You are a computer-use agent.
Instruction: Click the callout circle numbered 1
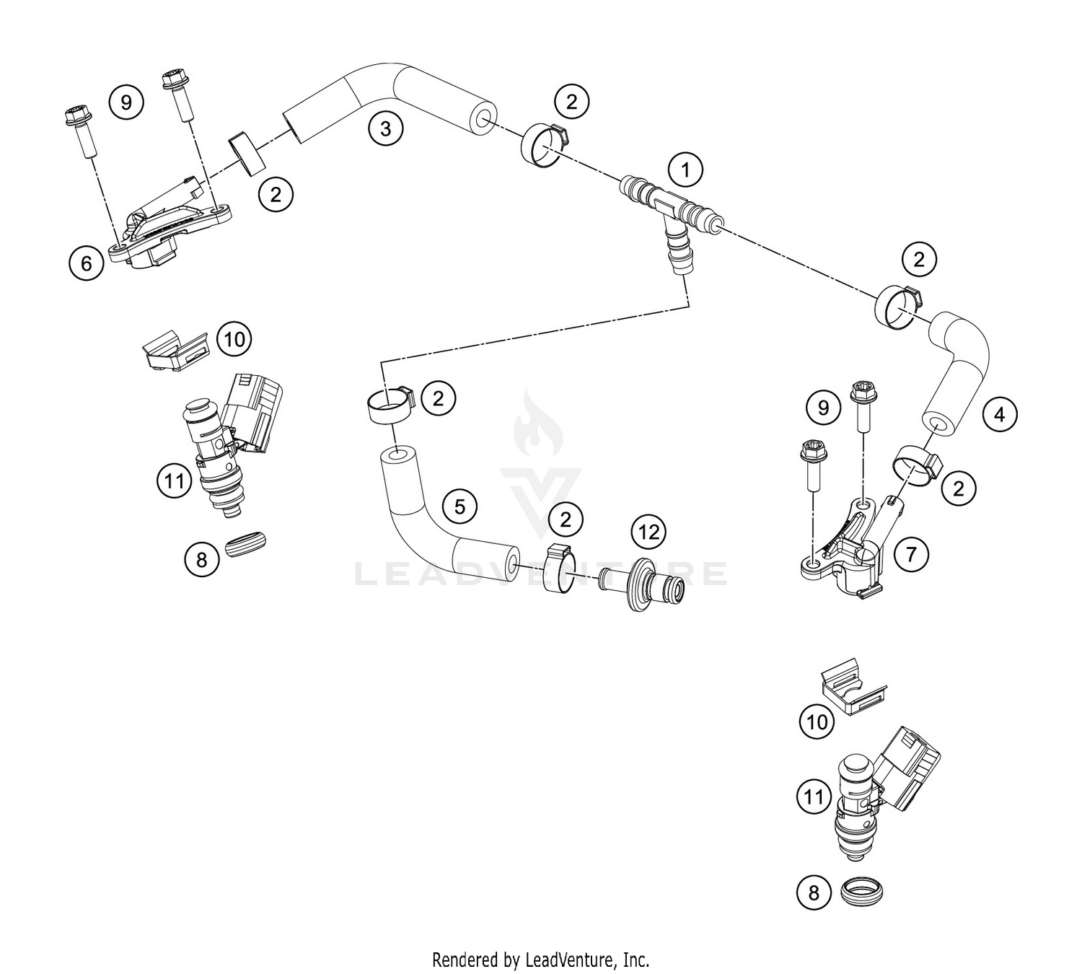coord(685,171)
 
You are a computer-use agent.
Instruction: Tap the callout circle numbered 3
coord(385,129)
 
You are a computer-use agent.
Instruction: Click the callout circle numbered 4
coord(999,414)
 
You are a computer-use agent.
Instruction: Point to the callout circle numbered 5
coord(459,506)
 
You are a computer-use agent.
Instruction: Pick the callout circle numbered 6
coord(87,263)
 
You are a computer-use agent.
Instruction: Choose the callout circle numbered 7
coord(911,554)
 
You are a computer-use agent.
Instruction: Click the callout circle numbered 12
coord(648,532)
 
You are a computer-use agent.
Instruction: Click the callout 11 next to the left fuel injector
coord(174,480)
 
